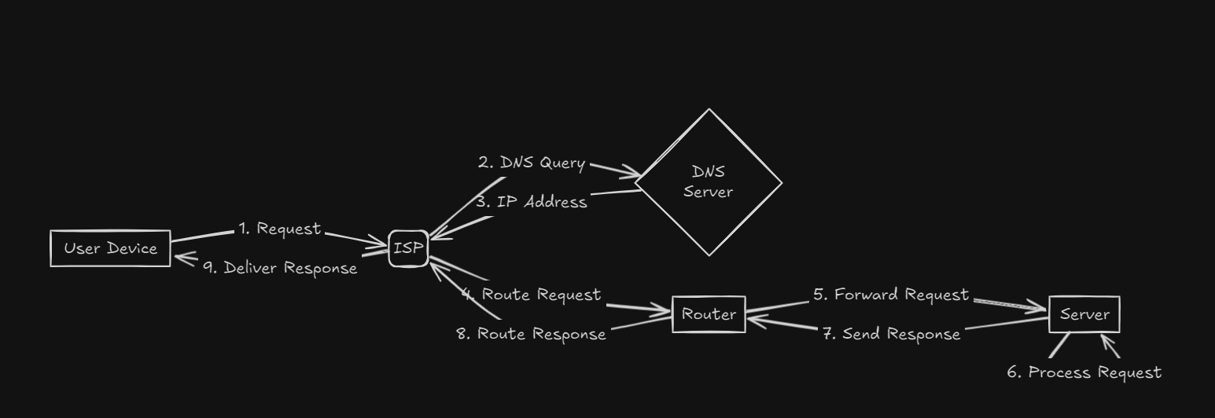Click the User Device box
[110, 248]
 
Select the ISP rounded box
[408, 248]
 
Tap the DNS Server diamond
[709, 182]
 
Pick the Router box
[709, 314]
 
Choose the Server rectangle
[1084, 314]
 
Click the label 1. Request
[280, 228]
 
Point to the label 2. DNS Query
[532, 163]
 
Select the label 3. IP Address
[532, 202]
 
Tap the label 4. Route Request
[532, 295]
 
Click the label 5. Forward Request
[891, 295]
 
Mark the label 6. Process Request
[1084, 372]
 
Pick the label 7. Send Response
[891, 333]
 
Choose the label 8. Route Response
[532, 333]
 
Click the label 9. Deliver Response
[280, 268]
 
